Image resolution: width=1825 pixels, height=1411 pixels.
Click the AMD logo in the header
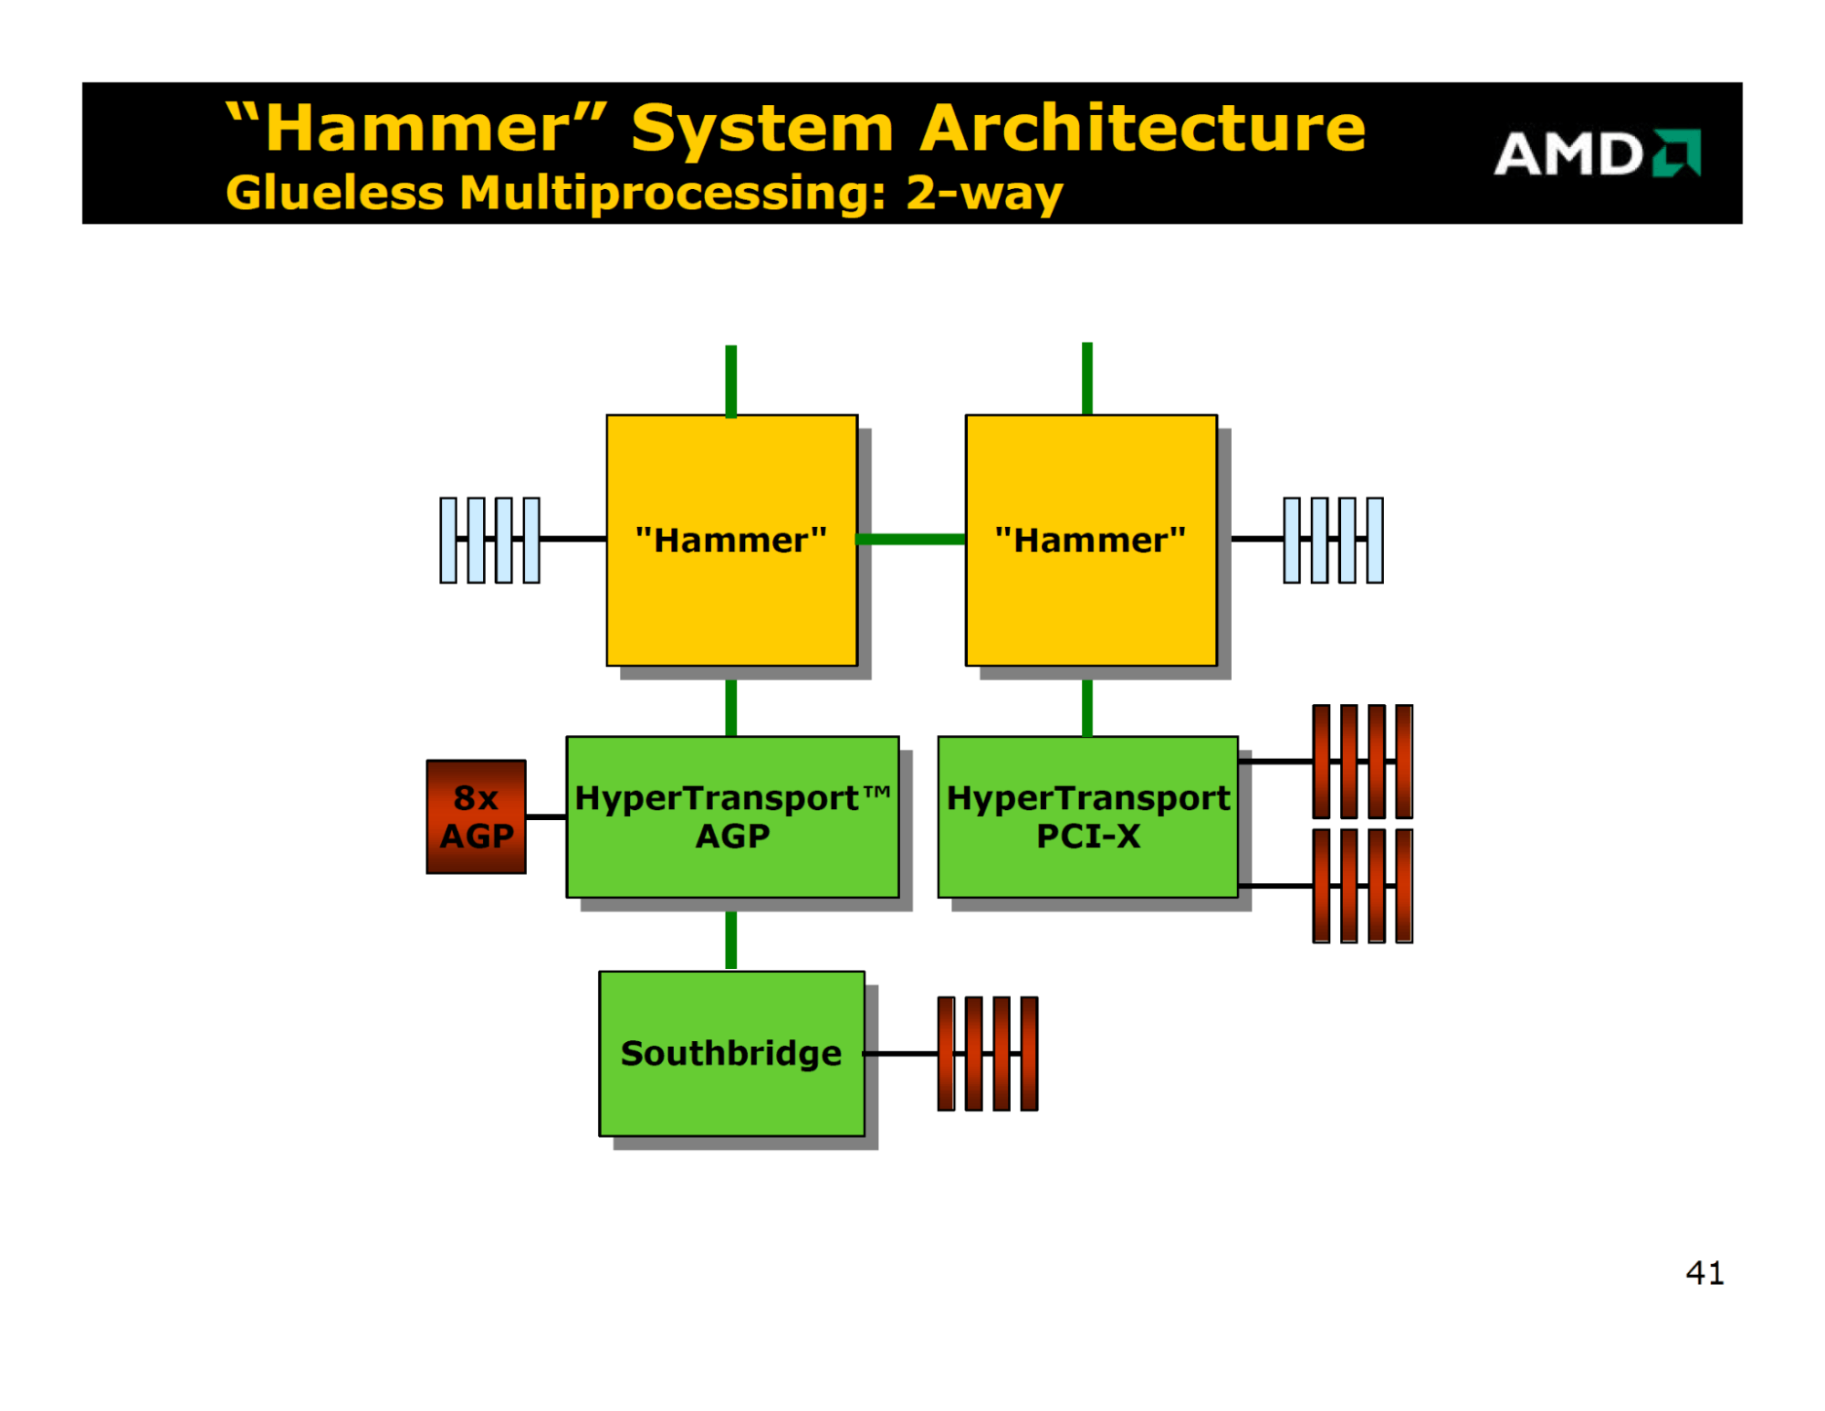click(1596, 153)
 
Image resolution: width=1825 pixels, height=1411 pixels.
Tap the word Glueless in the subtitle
click(335, 193)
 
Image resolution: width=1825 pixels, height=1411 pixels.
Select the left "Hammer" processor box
click(731, 540)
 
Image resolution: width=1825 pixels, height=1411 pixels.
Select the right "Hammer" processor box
click(1091, 540)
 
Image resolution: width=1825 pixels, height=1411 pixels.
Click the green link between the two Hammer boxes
click(911, 539)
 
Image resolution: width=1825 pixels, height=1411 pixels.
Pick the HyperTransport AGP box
click(732, 816)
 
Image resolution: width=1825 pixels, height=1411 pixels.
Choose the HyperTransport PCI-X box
click(1087, 816)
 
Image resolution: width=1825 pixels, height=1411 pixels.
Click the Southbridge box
click(731, 1053)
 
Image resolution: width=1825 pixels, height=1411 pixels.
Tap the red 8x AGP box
click(476, 816)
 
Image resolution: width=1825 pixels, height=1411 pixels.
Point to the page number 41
click(1704, 1272)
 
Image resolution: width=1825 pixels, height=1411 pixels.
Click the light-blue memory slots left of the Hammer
click(489, 540)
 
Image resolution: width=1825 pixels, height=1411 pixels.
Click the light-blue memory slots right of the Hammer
click(1333, 540)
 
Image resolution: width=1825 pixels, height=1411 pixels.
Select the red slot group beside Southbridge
click(988, 1053)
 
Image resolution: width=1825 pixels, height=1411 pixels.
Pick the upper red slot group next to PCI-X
click(1362, 761)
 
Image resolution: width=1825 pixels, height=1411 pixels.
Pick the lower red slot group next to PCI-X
click(1362, 886)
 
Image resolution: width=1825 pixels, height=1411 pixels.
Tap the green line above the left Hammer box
click(730, 381)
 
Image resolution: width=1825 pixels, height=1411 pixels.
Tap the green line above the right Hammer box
click(1086, 379)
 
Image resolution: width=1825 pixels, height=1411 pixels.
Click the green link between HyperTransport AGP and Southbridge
click(730, 939)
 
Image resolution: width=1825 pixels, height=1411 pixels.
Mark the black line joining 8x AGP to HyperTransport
click(546, 816)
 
